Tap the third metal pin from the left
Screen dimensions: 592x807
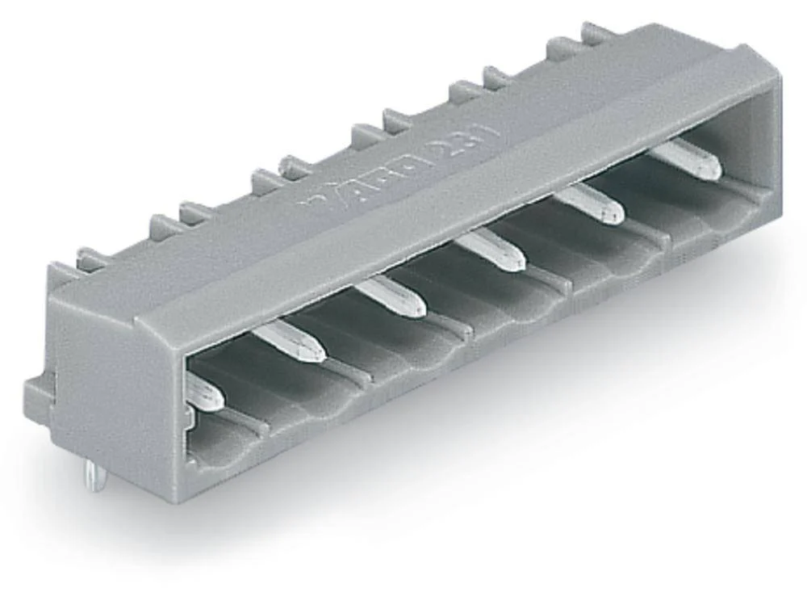[x=391, y=296]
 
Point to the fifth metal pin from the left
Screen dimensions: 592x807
[x=589, y=204]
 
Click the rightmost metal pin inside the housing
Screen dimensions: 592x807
[x=687, y=159]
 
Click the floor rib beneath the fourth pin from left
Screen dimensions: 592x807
[x=549, y=279]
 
